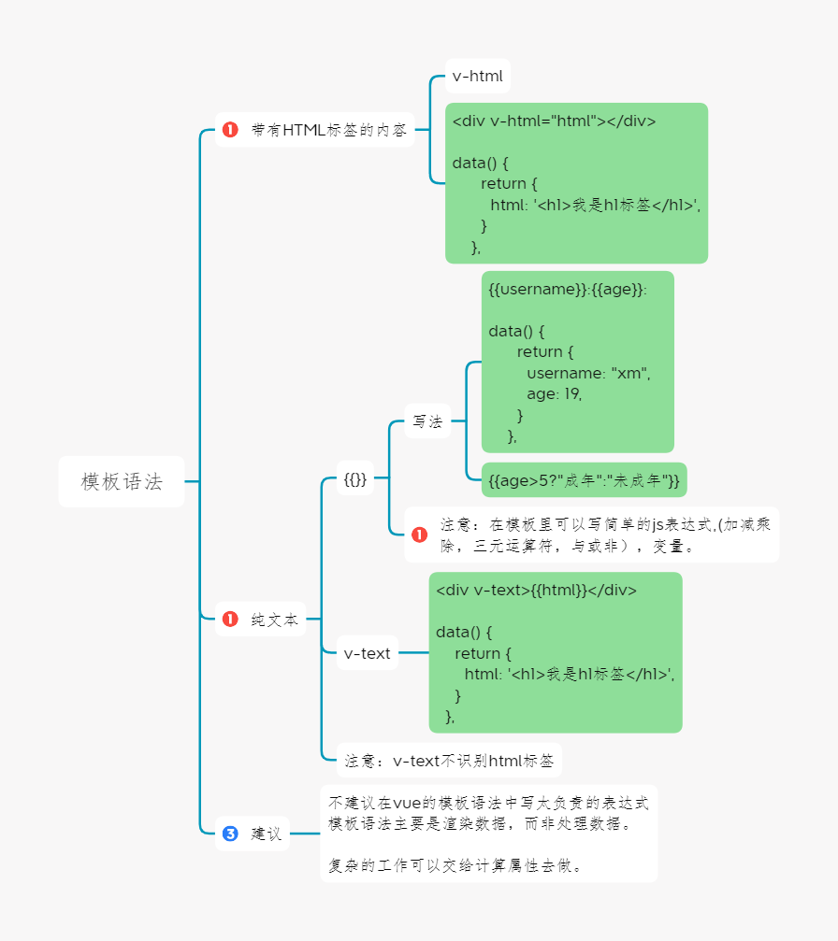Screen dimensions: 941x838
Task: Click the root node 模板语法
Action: coord(122,482)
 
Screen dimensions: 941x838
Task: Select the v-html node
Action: coord(477,77)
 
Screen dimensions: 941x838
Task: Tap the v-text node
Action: coord(367,653)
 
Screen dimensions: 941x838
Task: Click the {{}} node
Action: coord(354,480)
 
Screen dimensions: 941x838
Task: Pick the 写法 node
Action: coord(427,421)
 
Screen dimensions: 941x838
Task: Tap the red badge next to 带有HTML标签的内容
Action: coord(231,131)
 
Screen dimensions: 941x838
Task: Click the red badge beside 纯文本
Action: coord(231,619)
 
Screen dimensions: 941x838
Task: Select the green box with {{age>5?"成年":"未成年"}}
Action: coord(584,480)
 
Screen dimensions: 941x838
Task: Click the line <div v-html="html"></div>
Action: coord(554,121)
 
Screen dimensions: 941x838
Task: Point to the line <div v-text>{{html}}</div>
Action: coord(536,591)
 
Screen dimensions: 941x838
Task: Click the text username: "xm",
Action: coord(587,373)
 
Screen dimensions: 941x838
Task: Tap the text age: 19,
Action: coord(554,393)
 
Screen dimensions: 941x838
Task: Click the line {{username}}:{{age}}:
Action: coord(568,290)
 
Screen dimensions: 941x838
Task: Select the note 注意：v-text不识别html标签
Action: coord(449,761)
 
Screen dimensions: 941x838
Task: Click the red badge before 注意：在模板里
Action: coord(420,535)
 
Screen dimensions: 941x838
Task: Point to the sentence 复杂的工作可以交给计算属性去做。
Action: coord(456,865)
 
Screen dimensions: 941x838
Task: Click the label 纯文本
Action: coord(274,619)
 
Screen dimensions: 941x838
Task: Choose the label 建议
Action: coord(267,834)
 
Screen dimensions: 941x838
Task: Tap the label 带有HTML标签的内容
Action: coord(328,131)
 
